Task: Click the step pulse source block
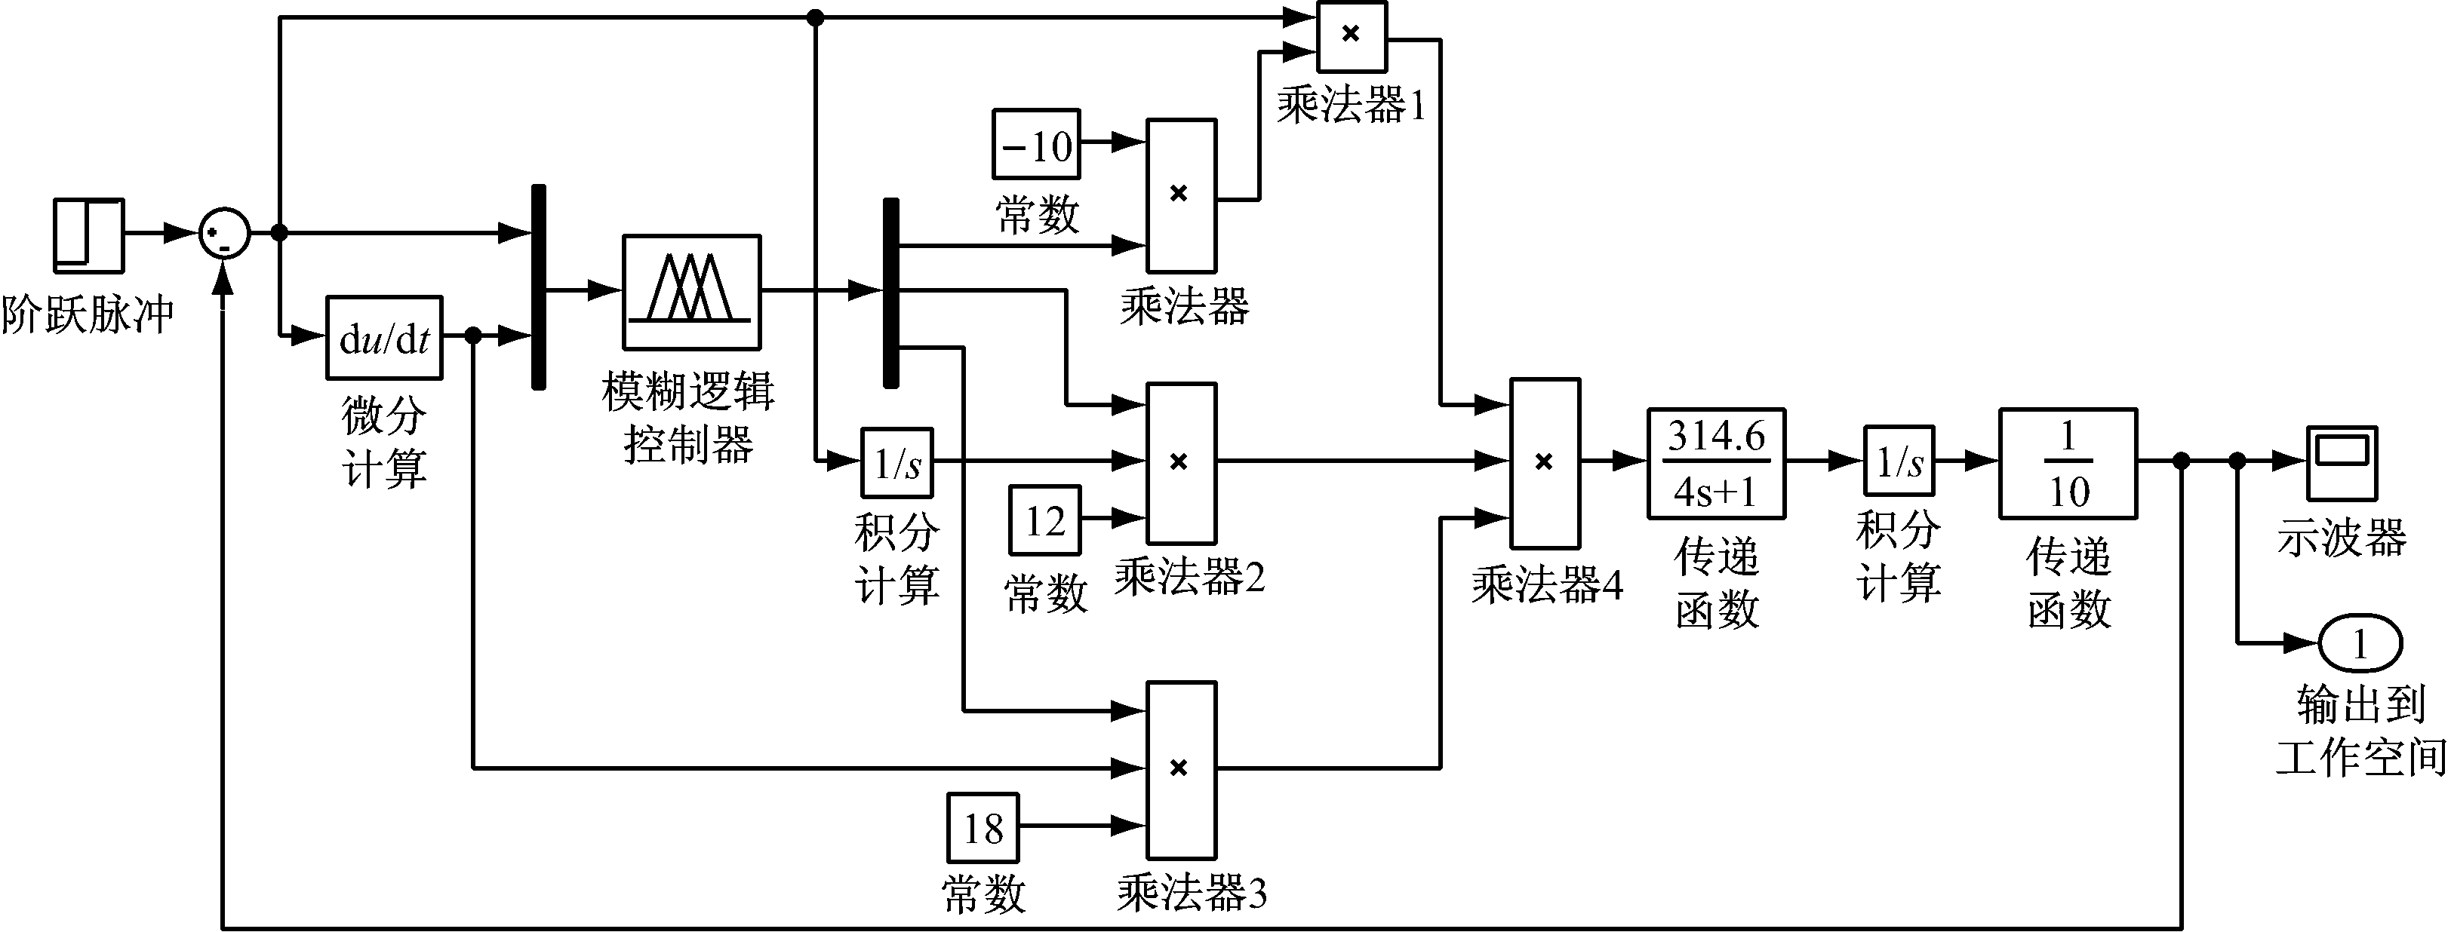pyautogui.click(x=88, y=234)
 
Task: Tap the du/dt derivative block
pyautogui.click(x=384, y=339)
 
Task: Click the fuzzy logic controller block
pyautogui.click(x=692, y=292)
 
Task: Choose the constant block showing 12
pyautogui.click(x=1044, y=520)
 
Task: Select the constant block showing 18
pyautogui.click(x=983, y=827)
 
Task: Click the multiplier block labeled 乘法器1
pyautogui.click(x=1351, y=36)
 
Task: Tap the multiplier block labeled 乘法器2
pyautogui.click(x=1181, y=463)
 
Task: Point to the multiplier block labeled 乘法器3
pyautogui.click(x=1181, y=768)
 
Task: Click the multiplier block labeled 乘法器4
pyautogui.click(x=1545, y=463)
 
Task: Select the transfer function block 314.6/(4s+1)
pyautogui.click(x=1717, y=463)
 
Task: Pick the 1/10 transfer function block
pyautogui.click(x=2068, y=463)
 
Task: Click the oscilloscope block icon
pyautogui.click(x=2342, y=463)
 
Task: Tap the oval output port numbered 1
pyautogui.click(x=2360, y=645)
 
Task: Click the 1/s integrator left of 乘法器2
pyautogui.click(x=897, y=463)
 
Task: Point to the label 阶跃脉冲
pyautogui.click(x=88, y=314)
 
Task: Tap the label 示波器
pyautogui.click(x=2342, y=538)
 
